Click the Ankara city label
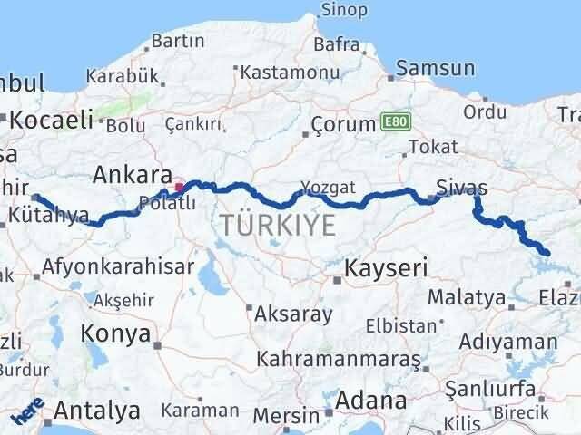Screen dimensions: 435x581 point(133,174)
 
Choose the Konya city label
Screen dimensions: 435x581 point(115,333)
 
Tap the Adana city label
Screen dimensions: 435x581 point(371,401)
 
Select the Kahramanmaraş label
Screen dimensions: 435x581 point(339,359)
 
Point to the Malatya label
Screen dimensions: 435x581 point(466,296)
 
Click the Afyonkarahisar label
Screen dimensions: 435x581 point(118,266)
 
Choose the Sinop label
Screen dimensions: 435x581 point(344,10)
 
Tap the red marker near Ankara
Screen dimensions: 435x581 point(180,188)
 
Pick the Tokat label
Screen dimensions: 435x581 point(427,146)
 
